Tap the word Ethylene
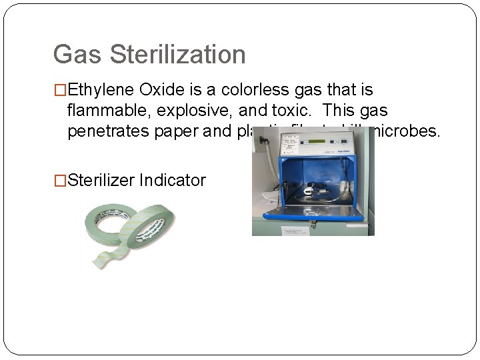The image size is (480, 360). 101,90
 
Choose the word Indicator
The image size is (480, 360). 173,180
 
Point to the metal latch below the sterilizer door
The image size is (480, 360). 312,225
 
